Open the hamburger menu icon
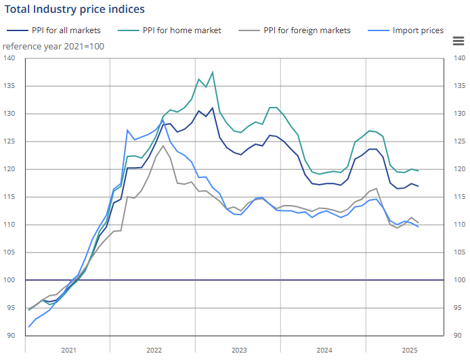coord(458,41)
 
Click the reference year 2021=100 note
coord(54,46)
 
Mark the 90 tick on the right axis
coord(458,336)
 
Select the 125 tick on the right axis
coord(458,141)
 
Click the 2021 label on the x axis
coord(68,350)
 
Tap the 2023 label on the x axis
coord(239,350)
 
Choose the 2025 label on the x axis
coord(410,350)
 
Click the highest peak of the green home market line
coord(213,72)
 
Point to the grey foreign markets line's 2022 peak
coord(163,146)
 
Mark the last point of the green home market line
coord(418,171)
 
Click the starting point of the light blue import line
coord(29,327)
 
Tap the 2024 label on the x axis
coord(324,350)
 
